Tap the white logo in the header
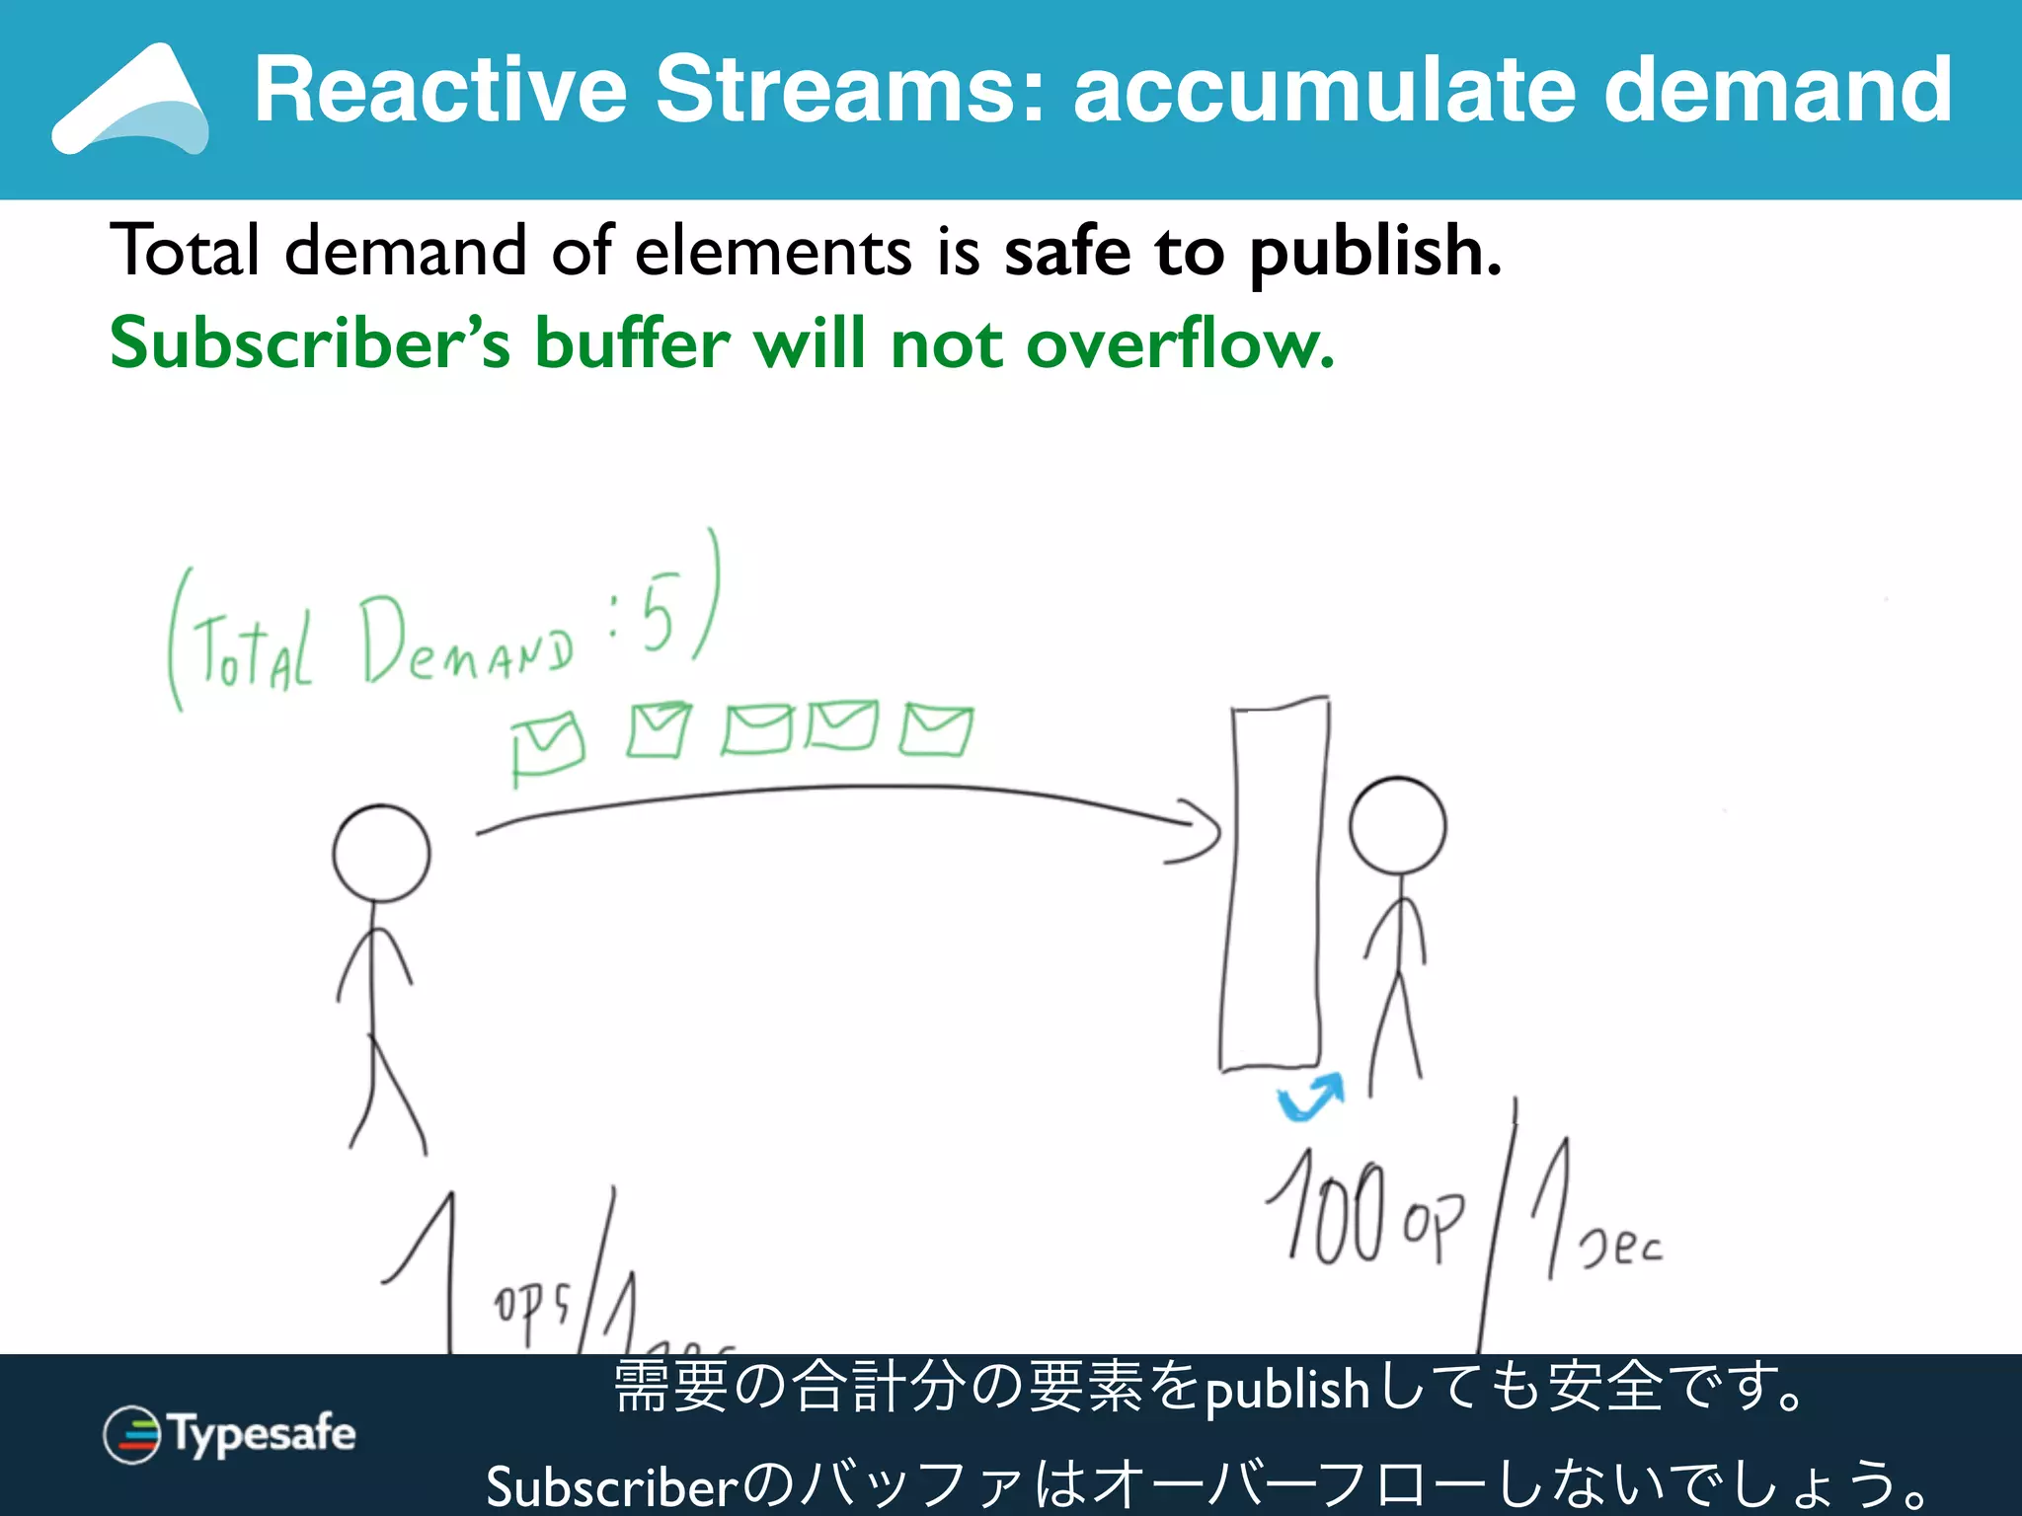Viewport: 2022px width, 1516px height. coord(130,101)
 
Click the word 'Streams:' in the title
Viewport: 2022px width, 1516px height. coord(849,90)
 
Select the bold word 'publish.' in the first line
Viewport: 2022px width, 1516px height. coord(1374,253)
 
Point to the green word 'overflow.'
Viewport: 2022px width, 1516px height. coord(1180,343)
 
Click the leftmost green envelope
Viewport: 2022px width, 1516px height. coord(547,747)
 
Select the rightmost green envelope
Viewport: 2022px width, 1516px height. coord(935,730)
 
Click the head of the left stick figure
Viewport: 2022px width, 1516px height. coord(381,854)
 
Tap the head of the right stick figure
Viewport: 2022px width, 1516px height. coord(1397,825)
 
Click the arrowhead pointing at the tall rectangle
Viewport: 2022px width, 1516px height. coord(1200,831)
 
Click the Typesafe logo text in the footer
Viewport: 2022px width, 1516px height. coord(263,1433)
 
